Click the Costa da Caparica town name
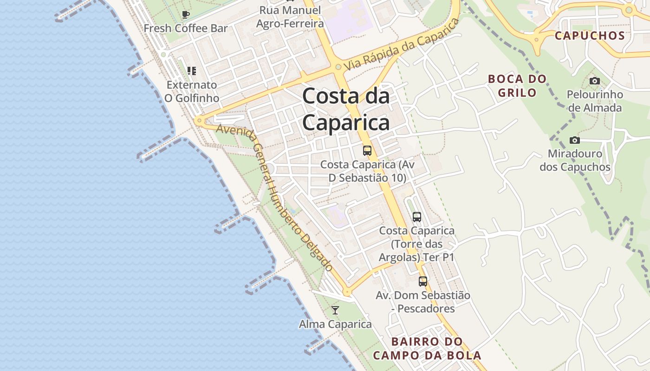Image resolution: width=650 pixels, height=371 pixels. (346, 109)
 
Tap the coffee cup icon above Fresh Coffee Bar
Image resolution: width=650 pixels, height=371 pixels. (186, 14)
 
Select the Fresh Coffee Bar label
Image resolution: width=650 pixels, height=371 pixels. (186, 28)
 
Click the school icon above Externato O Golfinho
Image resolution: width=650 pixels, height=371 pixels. (191, 71)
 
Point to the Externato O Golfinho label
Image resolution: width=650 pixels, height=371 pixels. (192, 91)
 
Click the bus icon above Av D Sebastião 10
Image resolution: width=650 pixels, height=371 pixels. (367, 150)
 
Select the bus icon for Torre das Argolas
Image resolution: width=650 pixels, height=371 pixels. (417, 217)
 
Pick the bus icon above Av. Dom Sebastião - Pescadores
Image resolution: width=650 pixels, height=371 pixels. (422, 281)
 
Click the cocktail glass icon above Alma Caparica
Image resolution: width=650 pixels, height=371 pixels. (335, 310)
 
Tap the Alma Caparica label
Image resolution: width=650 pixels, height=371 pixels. (335, 324)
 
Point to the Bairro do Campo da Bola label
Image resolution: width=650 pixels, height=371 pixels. (427, 349)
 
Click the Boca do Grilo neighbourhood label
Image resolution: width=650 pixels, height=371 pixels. (517, 86)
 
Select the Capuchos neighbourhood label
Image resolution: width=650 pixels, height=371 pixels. (590, 36)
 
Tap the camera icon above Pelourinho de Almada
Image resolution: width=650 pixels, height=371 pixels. (594, 81)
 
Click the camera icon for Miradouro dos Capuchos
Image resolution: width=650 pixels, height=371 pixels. (574, 140)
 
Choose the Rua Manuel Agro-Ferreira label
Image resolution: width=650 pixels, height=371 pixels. (290, 17)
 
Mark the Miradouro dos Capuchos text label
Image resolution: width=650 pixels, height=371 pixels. (575, 160)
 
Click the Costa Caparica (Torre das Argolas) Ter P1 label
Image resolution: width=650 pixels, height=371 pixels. (417, 244)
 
